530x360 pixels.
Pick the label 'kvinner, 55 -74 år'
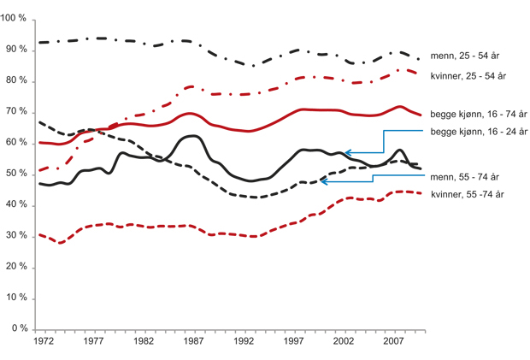(468, 194)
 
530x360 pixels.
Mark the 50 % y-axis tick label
(19, 174)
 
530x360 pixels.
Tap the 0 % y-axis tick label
(21, 329)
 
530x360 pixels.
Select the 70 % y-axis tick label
(19, 113)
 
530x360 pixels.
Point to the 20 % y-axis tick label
(19, 268)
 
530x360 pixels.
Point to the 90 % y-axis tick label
(19, 50)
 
